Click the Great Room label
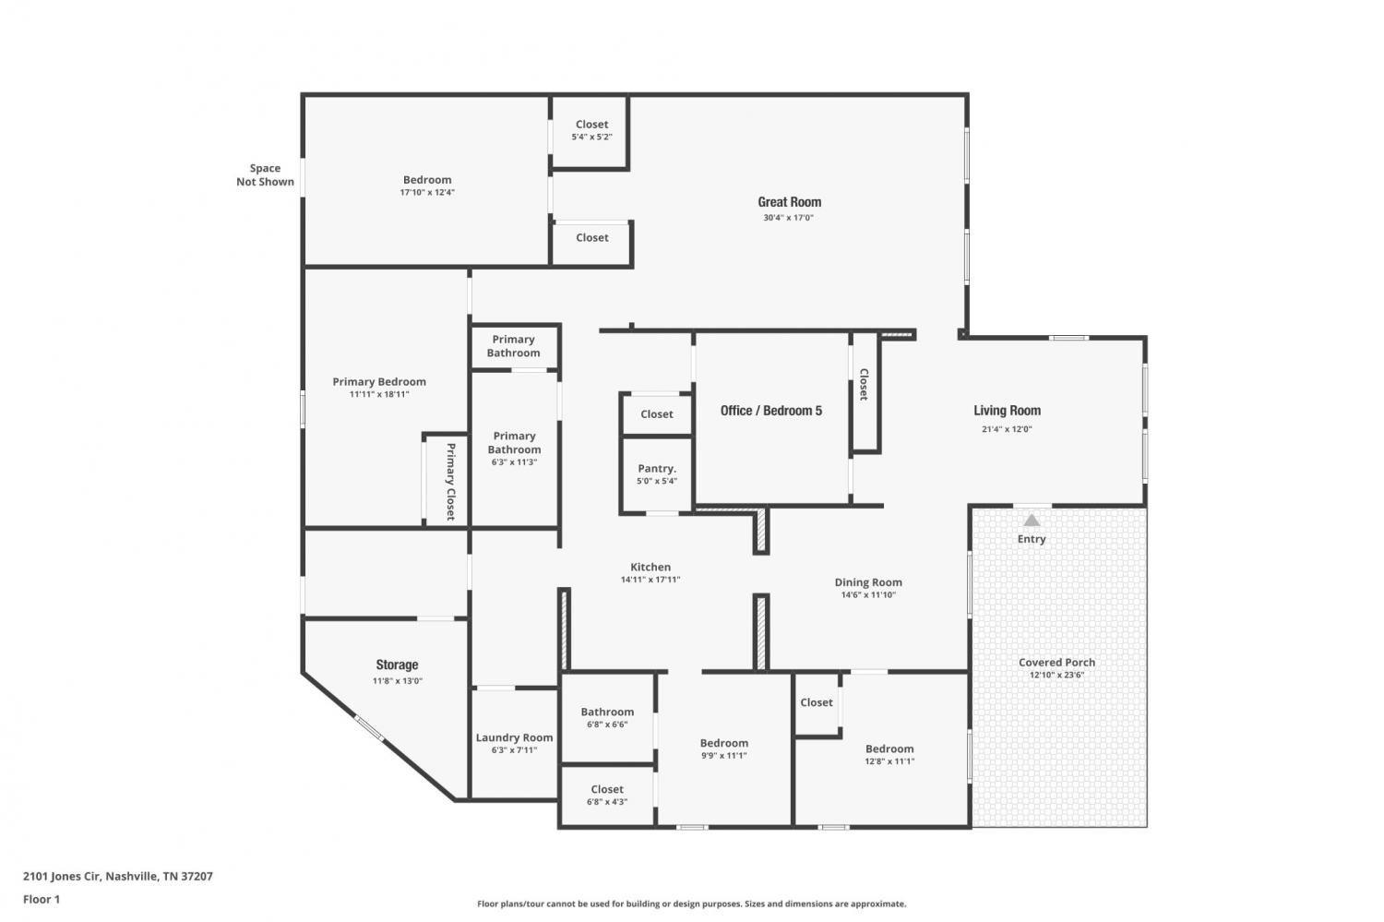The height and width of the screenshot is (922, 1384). tap(789, 202)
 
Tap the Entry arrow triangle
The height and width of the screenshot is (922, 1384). tap(1032, 521)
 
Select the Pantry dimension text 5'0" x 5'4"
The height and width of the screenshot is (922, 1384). tap(657, 481)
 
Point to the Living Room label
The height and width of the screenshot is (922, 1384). tap(1008, 411)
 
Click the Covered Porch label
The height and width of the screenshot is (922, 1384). tap(1056, 662)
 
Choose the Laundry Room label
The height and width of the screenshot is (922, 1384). tap(514, 737)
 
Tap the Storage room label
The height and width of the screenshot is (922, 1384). tap(397, 665)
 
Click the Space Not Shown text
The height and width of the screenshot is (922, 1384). tap(265, 174)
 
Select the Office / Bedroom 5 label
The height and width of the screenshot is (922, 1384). tap(771, 411)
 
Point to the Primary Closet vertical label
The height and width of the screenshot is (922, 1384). tap(450, 482)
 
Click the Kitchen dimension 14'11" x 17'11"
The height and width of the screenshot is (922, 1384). tap(650, 580)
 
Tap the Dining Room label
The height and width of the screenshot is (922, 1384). tap(868, 582)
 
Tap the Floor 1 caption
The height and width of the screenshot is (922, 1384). tap(42, 899)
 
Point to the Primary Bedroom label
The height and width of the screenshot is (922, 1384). tap(378, 382)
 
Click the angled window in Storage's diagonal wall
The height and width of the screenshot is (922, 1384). tap(369, 727)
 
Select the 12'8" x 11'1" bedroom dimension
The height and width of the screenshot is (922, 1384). tap(889, 761)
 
